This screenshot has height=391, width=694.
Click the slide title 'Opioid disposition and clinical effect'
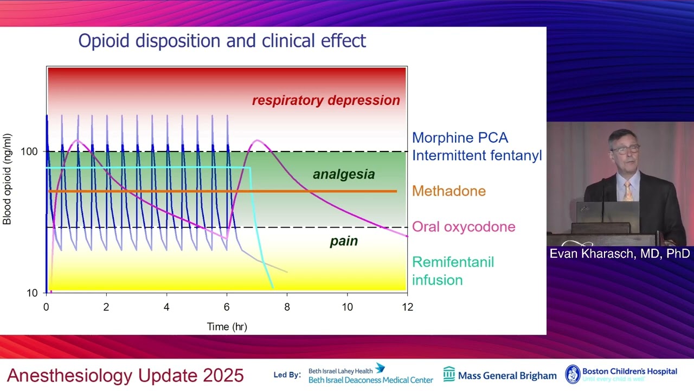pyautogui.click(x=222, y=41)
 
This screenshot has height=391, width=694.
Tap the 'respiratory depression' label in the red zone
pyautogui.click(x=326, y=100)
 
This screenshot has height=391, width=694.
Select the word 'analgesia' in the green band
pyautogui.click(x=344, y=174)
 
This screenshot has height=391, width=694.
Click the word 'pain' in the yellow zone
pyautogui.click(x=344, y=241)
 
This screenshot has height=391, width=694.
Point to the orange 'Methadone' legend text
pyautogui.click(x=448, y=191)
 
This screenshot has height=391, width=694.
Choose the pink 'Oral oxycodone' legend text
pyautogui.click(x=464, y=227)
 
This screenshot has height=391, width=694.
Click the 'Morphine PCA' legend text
pyautogui.click(x=460, y=138)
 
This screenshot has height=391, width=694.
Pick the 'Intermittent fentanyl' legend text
pyautogui.click(x=477, y=156)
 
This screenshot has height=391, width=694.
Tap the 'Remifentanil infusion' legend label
pyautogui.click(x=453, y=271)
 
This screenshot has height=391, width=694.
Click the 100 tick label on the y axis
pyautogui.click(x=29, y=152)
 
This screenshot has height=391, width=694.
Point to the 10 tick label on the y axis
pyautogui.click(x=32, y=293)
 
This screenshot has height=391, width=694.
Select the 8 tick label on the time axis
pyautogui.click(x=287, y=307)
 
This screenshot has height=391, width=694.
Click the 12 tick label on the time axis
pyautogui.click(x=407, y=307)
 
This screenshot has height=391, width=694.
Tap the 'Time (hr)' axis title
pyautogui.click(x=227, y=327)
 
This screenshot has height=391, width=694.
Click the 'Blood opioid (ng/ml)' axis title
pyautogui.click(x=8, y=179)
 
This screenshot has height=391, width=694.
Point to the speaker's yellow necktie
pyautogui.click(x=628, y=192)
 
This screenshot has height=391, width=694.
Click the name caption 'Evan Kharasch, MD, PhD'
pyautogui.click(x=619, y=254)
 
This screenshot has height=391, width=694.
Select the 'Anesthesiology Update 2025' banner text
pyautogui.click(x=125, y=375)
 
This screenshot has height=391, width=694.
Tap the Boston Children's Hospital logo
pyautogui.click(x=621, y=374)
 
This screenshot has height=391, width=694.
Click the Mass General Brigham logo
pyautogui.click(x=500, y=375)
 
